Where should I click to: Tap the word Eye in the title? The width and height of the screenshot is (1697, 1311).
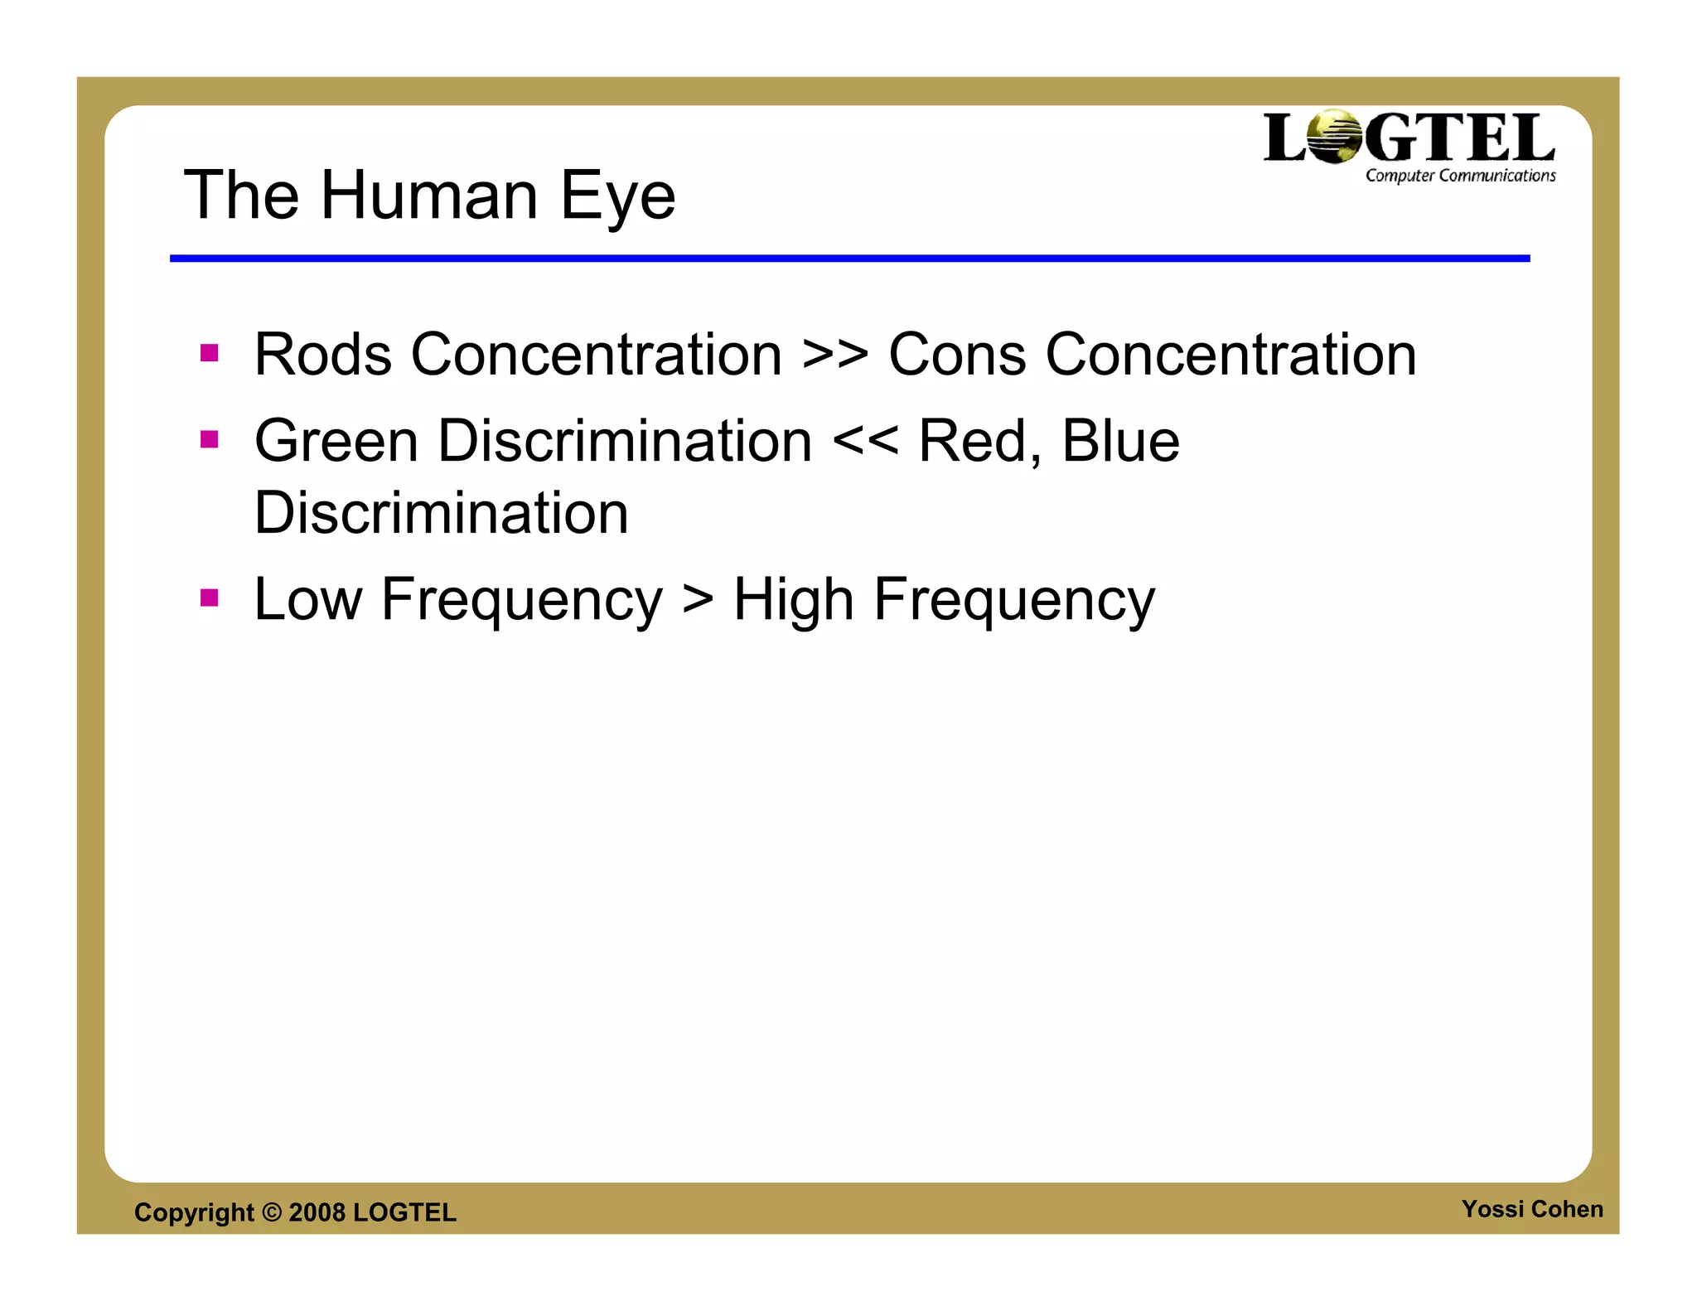tap(617, 197)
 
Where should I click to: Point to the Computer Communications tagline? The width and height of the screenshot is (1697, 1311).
tap(1460, 176)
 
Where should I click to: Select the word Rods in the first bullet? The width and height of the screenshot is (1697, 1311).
tap(322, 355)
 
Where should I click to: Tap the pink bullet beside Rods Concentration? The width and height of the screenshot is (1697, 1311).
tap(210, 354)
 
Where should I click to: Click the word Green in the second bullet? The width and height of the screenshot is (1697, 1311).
tap(336, 441)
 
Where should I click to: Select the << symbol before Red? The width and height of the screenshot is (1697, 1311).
tap(865, 443)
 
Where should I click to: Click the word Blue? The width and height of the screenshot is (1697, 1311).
tap(1120, 441)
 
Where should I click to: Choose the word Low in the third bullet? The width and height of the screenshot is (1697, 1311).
tap(307, 599)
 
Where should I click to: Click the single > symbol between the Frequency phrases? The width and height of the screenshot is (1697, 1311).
tap(698, 601)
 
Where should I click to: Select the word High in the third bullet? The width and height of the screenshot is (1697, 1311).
tap(793, 601)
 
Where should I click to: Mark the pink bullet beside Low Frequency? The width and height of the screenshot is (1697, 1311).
tap(210, 597)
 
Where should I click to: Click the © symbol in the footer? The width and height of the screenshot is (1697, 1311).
tap(272, 1212)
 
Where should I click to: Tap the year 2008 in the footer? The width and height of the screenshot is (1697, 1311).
tap(317, 1212)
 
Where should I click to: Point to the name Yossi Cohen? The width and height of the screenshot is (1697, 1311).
tap(1532, 1209)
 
